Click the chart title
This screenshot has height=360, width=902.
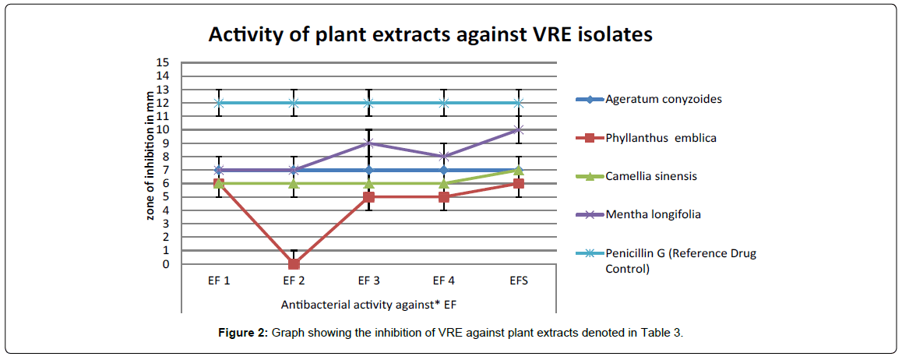point(429,35)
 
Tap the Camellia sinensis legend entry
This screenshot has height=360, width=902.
point(650,176)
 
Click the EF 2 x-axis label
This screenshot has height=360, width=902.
point(294,281)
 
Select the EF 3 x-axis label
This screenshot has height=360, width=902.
point(368,281)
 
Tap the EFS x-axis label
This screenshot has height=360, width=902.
point(519,281)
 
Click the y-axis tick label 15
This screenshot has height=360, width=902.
point(163,62)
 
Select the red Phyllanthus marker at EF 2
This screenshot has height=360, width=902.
point(294,264)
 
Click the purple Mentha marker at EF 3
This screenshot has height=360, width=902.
point(368,143)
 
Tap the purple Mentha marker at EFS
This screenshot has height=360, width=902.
point(519,130)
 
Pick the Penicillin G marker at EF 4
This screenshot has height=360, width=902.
point(444,103)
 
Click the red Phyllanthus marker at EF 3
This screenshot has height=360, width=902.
point(368,197)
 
